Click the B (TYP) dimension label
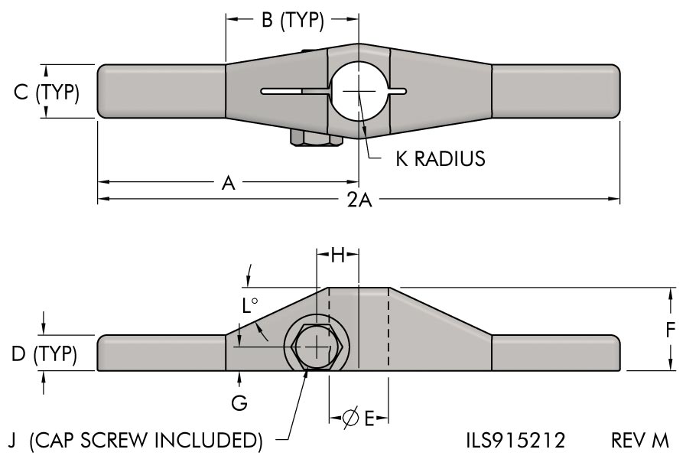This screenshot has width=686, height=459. tap(293, 21)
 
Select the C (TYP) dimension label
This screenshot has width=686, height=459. tap(47, 92)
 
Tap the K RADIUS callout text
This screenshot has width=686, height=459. tap(440, 158)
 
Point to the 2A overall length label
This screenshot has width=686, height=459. tap(359, 200)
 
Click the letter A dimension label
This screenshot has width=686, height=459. tap(227, 183)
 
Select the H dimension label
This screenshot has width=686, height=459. tap(337, 256)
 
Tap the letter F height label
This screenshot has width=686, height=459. tap(671, 330)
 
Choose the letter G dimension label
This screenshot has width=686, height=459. tap(239, 403)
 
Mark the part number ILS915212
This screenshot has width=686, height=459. tap(515, 440)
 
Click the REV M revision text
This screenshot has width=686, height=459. tap(639, 440)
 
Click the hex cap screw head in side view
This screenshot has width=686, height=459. tap(317, 347)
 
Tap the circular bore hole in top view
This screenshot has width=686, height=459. tap(359, 91)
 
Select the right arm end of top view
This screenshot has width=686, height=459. tap(554, 91)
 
